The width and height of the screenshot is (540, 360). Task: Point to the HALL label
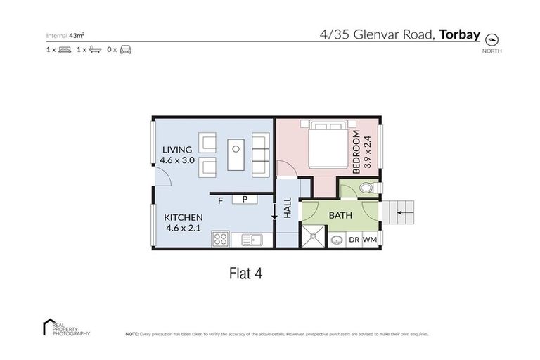pos(288,207)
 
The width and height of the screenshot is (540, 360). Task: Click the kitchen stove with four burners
pos(221,240)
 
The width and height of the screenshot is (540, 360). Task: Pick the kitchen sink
pos(251,240)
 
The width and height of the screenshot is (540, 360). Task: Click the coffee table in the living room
pos(236,155)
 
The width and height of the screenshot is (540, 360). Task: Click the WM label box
pos(370,240)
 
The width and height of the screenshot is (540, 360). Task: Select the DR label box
pos(354,240)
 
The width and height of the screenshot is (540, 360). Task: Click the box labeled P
pos(245,200)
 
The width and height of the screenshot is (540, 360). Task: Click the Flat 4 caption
pos(246,271)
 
